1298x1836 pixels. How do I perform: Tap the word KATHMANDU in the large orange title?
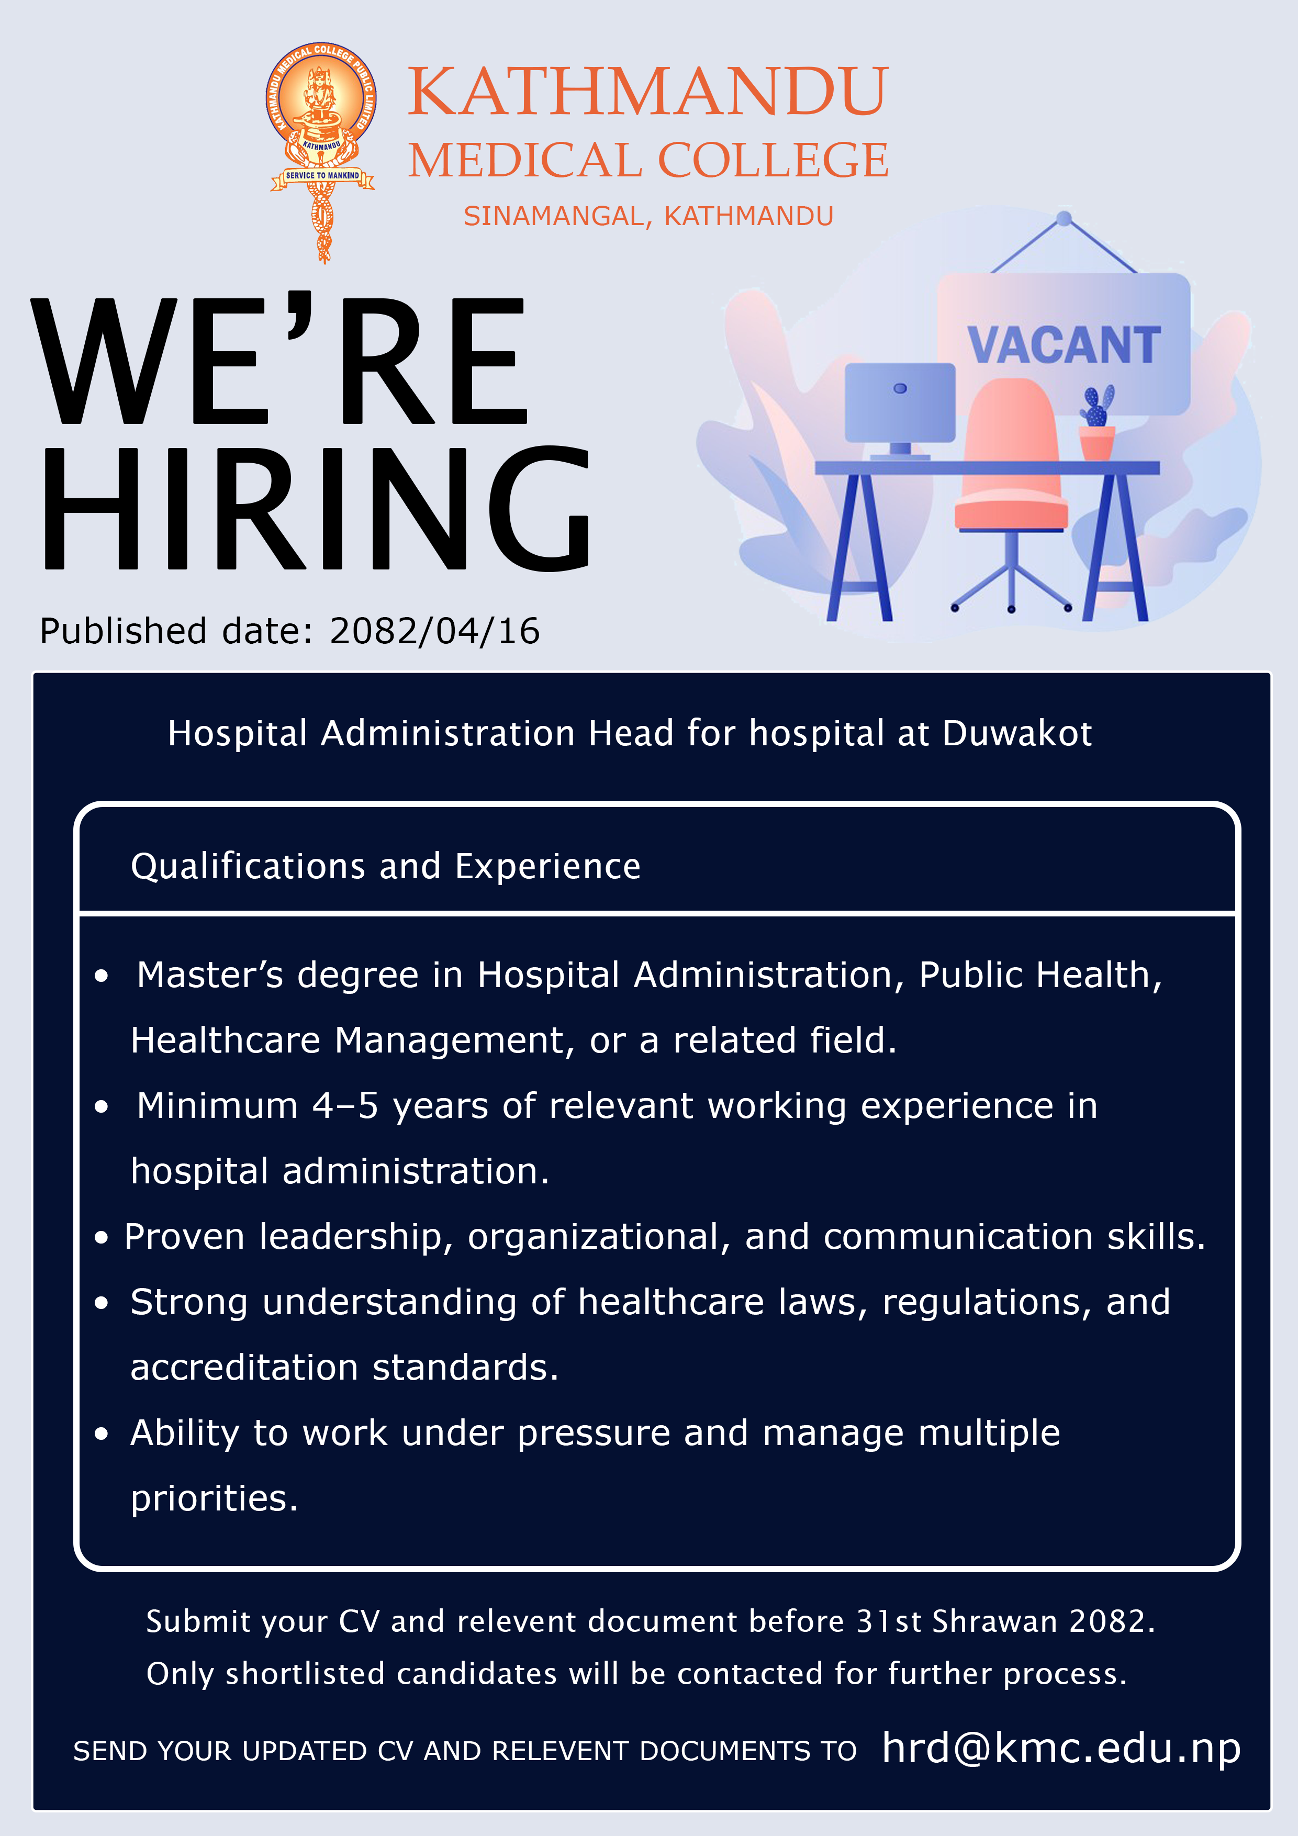click(648, 91)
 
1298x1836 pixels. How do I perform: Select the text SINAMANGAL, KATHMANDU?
click(648, 216)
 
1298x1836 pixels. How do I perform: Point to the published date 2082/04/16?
click(435, 631)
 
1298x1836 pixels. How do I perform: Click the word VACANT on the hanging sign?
click(1064, 345)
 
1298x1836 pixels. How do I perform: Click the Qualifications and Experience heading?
click(386, 867)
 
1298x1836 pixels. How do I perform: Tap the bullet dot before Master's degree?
click(101, 976)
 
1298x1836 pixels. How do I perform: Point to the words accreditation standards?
click(345, 1368)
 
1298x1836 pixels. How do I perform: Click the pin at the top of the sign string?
click(1064, 218)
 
